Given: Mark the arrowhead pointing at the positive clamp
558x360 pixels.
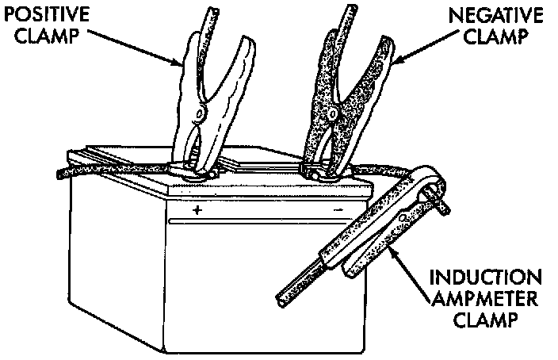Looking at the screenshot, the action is [182, 62].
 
